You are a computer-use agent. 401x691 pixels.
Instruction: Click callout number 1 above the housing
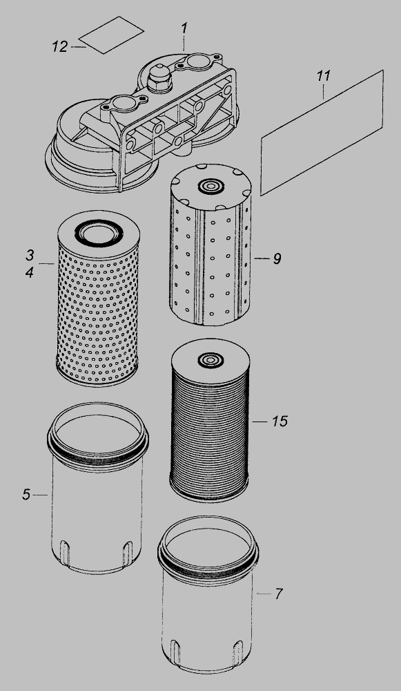(184, 28)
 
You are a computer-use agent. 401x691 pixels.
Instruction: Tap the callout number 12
(60, 46)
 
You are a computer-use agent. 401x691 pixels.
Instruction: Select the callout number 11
(324, 76)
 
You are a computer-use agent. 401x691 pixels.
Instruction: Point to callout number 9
(277, 258)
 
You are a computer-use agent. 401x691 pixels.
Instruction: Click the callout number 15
(280, 422)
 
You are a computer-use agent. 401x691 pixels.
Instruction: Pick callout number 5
(26, 495)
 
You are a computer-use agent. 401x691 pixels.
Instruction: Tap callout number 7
(278, 594)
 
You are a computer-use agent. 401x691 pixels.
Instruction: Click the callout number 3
(30, 255)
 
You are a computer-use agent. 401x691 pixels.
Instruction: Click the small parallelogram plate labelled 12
(111, 35)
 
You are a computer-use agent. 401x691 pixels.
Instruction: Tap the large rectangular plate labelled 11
(322, 133)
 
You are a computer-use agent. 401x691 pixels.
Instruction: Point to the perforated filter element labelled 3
(98, 298)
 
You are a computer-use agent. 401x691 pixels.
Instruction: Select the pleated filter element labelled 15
(210, 420)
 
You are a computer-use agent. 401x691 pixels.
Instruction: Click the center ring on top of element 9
(210, 186)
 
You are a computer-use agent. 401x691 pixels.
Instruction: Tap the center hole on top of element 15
(211, 359)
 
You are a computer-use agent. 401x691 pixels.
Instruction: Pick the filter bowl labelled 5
(98, 488)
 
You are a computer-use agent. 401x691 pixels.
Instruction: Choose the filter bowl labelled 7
(208, 594)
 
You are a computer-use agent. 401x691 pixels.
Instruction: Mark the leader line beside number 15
(260, 422)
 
